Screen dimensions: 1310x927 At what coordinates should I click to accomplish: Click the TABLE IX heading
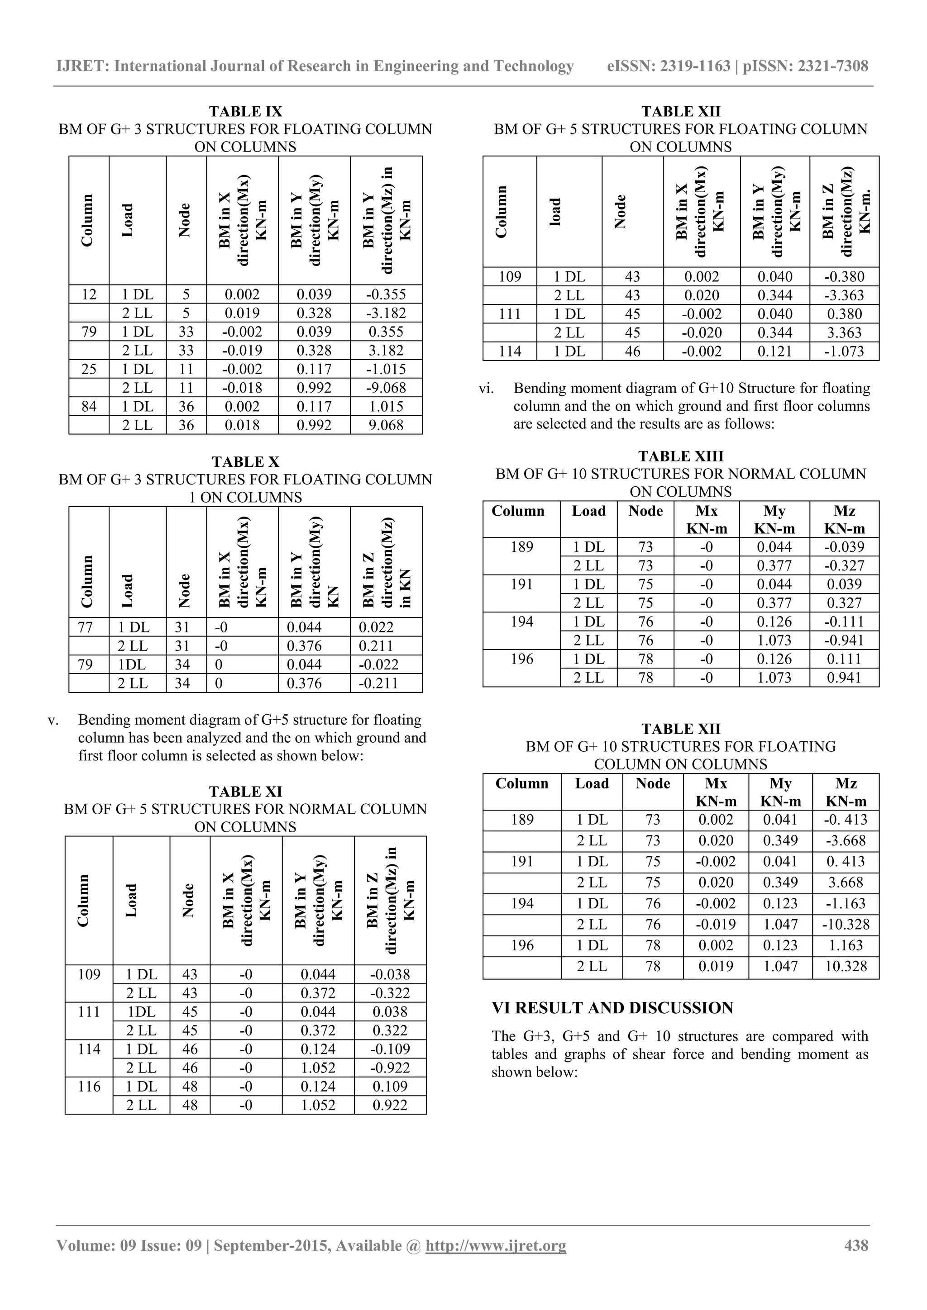245,111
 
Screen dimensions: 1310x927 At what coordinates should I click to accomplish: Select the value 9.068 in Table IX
386,425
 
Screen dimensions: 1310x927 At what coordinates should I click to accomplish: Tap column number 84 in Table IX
89,406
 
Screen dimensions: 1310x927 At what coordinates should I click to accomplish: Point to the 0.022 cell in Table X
377,627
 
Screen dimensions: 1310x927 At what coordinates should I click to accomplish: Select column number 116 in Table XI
89,1087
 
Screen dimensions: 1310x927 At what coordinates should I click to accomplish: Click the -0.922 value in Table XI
391,1068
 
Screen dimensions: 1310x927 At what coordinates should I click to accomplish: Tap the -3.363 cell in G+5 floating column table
844,295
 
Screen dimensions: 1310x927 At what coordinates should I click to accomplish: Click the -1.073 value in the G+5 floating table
844,351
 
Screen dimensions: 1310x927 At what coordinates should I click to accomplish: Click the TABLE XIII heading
680,456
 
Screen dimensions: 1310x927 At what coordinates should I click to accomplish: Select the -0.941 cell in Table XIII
844,640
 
